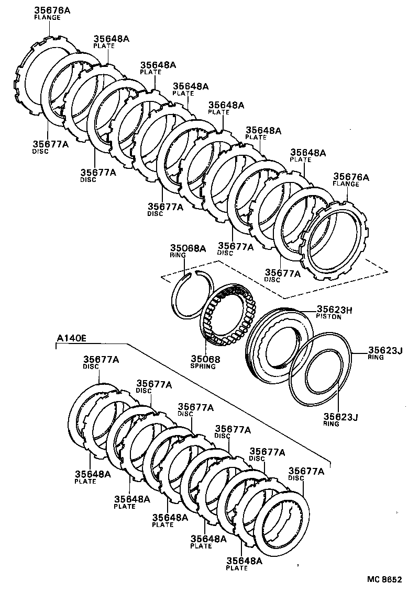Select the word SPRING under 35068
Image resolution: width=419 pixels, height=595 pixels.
click(203, 367)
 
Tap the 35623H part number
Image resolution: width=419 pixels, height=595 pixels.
click(334, 310)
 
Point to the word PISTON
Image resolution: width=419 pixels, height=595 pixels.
click(328, 317)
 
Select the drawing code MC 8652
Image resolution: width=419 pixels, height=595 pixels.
click(384, 580)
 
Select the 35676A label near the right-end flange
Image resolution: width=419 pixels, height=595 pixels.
click(351, 177)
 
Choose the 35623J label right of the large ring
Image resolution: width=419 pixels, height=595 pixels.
click(384, 350)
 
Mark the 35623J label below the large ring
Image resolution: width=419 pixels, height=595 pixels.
click(340, 416)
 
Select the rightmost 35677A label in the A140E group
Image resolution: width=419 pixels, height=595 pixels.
click(306, 471)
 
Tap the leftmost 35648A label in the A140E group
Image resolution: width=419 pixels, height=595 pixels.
click(92, 474)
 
